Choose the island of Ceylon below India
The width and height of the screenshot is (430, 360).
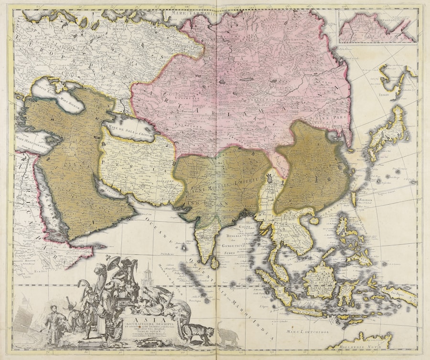(x=215, y=262)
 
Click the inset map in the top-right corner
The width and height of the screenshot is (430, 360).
(x=376, y=26)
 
